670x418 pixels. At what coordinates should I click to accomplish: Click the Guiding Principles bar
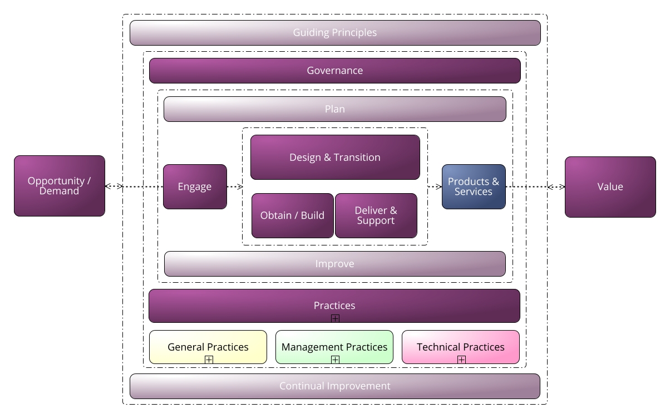tap(335, 33)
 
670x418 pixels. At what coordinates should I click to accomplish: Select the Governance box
tap(335, 71)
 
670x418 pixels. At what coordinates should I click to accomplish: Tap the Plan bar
tap(335, 109)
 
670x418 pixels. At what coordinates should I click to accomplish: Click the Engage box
tap(195, 186)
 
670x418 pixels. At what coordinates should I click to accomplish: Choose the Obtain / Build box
tap(292, 215)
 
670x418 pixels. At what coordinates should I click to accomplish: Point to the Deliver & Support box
tap(376, 215)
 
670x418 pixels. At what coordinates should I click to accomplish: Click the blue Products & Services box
tap(474, 186)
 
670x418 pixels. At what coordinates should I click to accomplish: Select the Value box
tap(610, 186)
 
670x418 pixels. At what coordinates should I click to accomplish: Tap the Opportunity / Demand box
tap(60, 186)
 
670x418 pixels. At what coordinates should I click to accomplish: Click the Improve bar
tap(335, 264)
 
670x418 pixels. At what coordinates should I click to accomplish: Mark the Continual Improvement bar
tap(335, 386)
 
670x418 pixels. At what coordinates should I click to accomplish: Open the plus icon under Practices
tap(335, 318)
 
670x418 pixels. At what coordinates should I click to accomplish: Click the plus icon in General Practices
tap(209, 360)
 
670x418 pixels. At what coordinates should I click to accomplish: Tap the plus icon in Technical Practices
tap(461, 360)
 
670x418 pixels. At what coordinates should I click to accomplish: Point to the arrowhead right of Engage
tap(240, 187)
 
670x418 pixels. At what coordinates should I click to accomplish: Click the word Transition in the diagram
tap(356, 158)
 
